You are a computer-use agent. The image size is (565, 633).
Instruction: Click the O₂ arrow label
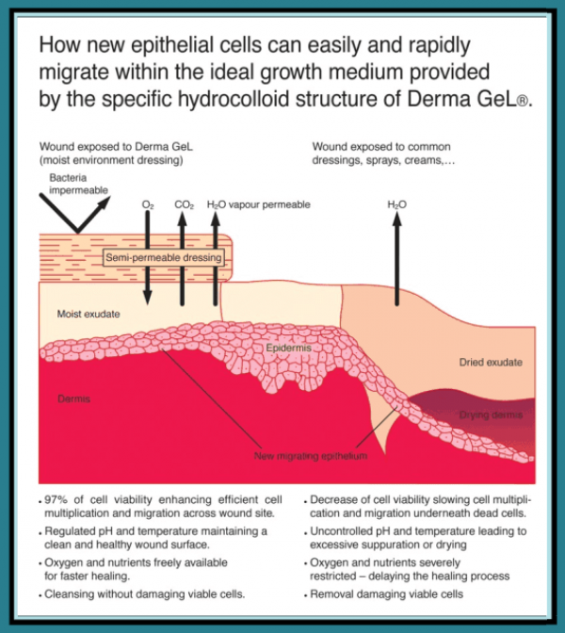(147, 203)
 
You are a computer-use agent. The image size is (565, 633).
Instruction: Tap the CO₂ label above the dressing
(183, 203)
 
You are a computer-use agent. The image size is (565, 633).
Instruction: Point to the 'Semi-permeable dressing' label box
(164, 257)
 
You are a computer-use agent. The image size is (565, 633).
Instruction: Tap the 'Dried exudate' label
(491, 362)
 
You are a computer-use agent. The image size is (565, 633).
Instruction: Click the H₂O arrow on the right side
(396, 254)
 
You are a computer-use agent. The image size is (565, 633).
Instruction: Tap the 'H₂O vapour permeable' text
(257, 203)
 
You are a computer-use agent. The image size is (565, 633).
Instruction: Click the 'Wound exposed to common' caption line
(381, 146)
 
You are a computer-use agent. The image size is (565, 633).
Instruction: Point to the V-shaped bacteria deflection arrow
(75, 212)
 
